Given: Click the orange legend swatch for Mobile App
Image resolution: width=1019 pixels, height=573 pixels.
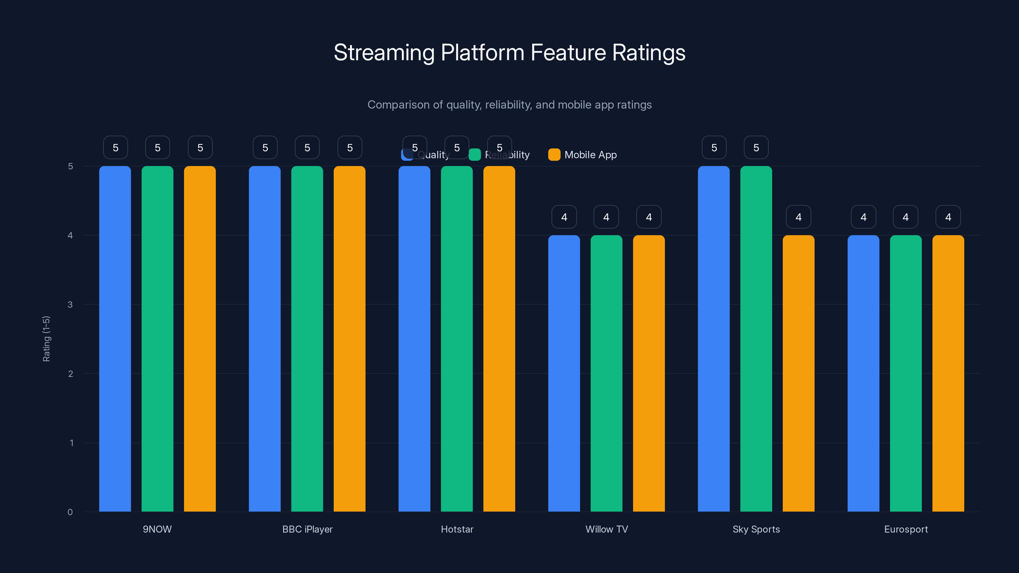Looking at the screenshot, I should (x=554, y=155).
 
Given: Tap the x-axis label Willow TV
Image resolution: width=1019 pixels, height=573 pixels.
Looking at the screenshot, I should (x=606, y=529).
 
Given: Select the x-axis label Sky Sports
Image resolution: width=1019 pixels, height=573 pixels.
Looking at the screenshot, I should (x=756, y=529).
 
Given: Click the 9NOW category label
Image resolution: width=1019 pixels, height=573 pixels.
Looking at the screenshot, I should (x=157, y=529).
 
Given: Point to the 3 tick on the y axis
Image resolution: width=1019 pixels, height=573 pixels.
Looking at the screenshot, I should (x=70, y=305).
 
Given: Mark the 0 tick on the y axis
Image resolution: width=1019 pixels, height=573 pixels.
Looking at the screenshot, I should (x=70, y=512).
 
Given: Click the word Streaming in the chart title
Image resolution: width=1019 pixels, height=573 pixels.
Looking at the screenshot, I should (x=384, y=53).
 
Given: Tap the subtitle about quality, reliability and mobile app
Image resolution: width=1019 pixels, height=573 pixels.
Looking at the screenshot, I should (x=509, y=105).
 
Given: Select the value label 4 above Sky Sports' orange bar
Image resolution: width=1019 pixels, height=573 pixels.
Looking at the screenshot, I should (x=798, y=217).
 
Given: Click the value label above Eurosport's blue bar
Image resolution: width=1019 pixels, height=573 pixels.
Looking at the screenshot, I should (x=864, y=217).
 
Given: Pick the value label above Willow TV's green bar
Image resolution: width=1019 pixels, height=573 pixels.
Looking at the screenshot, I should (x=606, y=217).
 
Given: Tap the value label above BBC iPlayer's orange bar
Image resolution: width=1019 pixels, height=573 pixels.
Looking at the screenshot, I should (x=350, y=147).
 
